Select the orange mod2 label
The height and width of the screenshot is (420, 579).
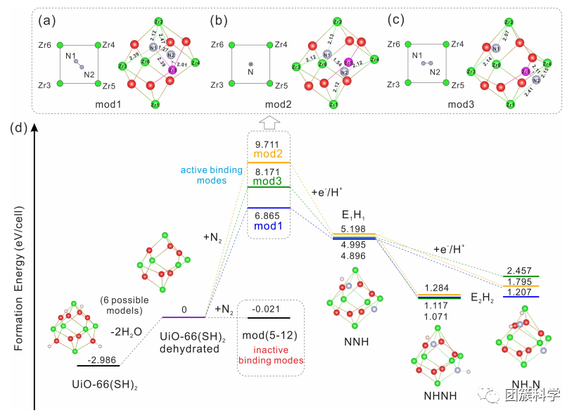(269, 155)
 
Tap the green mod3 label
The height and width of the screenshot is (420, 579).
(269, 180)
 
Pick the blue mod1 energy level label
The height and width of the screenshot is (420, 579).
(269, 226)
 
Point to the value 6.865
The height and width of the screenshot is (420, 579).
(269, 215)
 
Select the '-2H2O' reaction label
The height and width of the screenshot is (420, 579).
(125, 326)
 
